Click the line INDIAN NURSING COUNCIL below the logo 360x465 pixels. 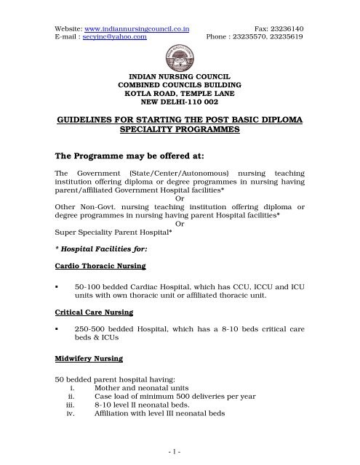[x=180, y=75]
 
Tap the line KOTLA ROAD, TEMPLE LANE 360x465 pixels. [x=180, y=92]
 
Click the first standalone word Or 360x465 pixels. [x=180, y=198]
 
